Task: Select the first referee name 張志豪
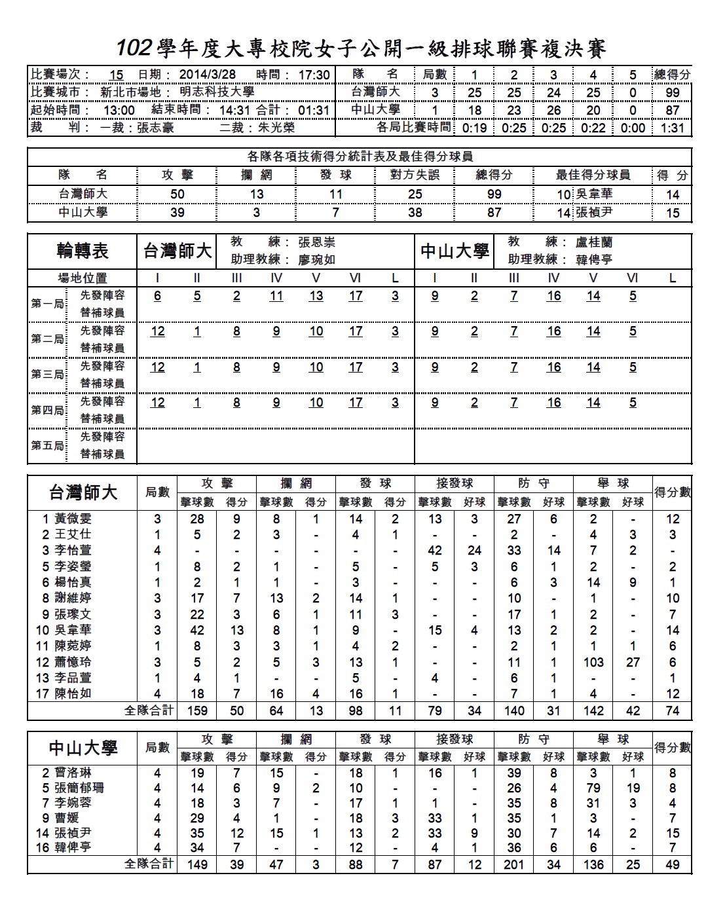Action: coord(156,128)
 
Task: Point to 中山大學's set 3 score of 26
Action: coord(553,110)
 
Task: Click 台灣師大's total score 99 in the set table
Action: coord(673,92)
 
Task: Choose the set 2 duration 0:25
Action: coord(514,128)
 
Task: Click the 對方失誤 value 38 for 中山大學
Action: coord(415,212)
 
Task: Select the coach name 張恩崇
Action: coord(316,242)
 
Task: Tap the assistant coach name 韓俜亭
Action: coord(594,259)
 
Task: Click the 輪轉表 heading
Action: coord(83,251)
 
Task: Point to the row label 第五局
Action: coord(47,445)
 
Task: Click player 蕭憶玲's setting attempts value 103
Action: coord(593,662)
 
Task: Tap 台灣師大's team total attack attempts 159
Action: coord(197,710)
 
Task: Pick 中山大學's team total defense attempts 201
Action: coord(514,864)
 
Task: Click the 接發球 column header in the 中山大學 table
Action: coord(455,739)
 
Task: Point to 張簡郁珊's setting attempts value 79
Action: coord(593,788)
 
